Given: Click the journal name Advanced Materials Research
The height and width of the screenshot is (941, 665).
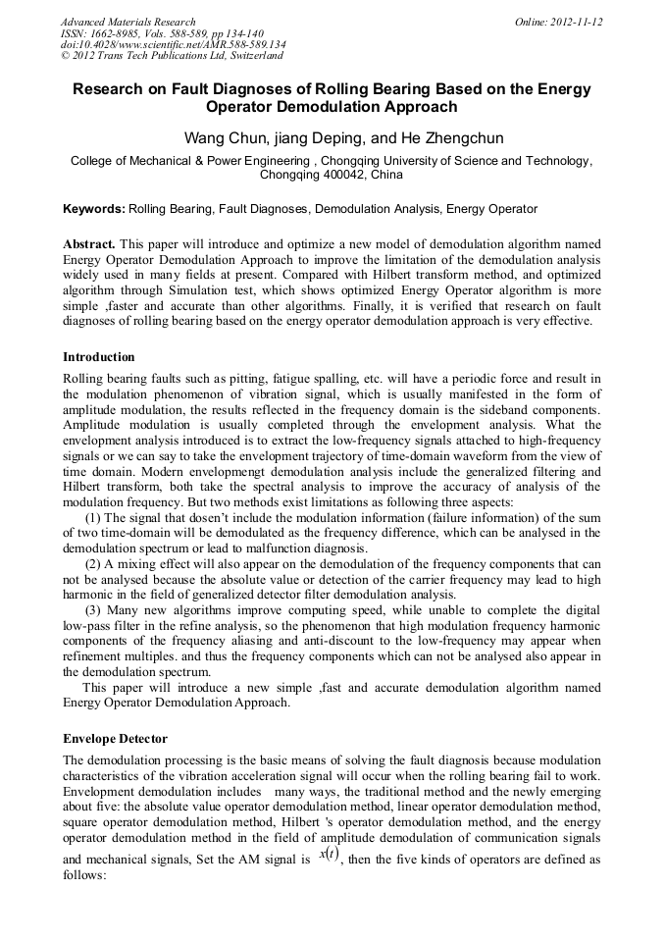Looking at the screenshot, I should [x=128, y=22].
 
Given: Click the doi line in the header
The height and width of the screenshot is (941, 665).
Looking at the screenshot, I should [x=173, y=45].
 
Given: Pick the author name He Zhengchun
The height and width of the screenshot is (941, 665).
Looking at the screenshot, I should [x=433, y=138].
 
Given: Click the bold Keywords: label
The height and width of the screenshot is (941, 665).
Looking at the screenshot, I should [x=94, y=209].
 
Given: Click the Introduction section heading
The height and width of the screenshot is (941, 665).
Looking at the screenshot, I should [x=99, y=357].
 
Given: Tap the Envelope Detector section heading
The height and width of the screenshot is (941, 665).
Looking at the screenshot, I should [x=115, y=738].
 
